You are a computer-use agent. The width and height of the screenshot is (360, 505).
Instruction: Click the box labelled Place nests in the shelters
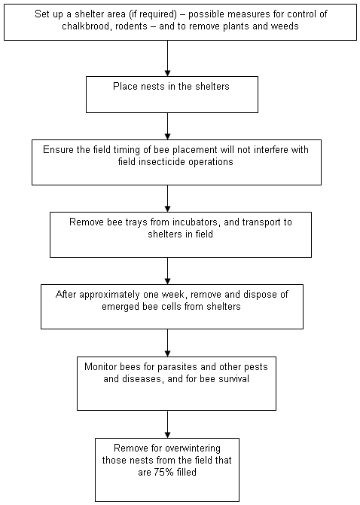[x=172, y=94]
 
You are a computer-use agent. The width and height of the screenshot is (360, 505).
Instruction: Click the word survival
[x=233, y=378]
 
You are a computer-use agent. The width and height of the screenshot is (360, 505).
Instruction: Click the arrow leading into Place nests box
[x=167, y=58]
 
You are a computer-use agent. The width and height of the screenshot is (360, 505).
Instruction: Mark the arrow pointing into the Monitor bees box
[x=167, y=343]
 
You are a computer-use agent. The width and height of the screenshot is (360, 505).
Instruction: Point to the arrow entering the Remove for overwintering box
[x=167, y=424]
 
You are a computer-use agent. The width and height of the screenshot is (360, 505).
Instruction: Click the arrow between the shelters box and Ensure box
[x=167, y=127]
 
